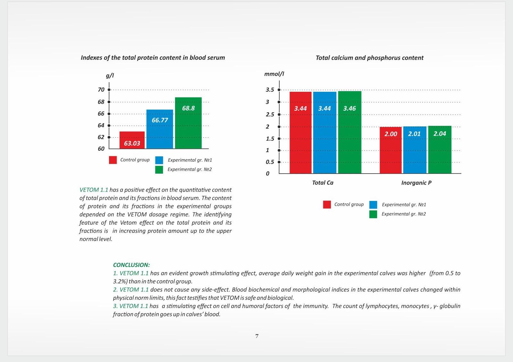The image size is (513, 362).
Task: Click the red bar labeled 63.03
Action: click(x=132, y=140)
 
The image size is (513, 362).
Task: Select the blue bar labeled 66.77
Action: click(x=160, y=129)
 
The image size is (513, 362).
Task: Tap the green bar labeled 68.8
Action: click(x=188, y=123)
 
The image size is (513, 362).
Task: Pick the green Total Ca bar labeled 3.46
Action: click(x=350, y=132)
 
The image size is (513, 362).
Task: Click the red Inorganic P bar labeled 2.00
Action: click(x=391, y=150)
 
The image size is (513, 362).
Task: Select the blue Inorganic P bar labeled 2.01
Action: click(x=415, y=150)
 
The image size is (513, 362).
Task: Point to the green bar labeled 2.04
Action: click(x=440, y=150)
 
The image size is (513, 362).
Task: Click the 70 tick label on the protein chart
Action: click(x=101, y=90)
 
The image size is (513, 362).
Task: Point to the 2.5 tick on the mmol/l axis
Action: click(x=270, y=114)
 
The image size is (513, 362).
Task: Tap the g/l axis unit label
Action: click(x=110, y=76)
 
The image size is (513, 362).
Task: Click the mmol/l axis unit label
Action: click(x=274, y=74)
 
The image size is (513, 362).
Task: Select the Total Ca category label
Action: click(x=323, y=183)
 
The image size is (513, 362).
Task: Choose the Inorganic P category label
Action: click(x=416, y=183)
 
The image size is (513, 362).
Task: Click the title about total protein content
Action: click(x=153, y=57)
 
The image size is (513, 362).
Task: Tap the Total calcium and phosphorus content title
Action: click(x=369, y=58)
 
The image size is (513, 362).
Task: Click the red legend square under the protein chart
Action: click(x=113, y=160)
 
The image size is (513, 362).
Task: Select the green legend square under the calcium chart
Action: click(x=373, y=214)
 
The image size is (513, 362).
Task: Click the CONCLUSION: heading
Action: click(x=131, y=265)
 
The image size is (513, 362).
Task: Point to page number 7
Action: click(x=257, y=336)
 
